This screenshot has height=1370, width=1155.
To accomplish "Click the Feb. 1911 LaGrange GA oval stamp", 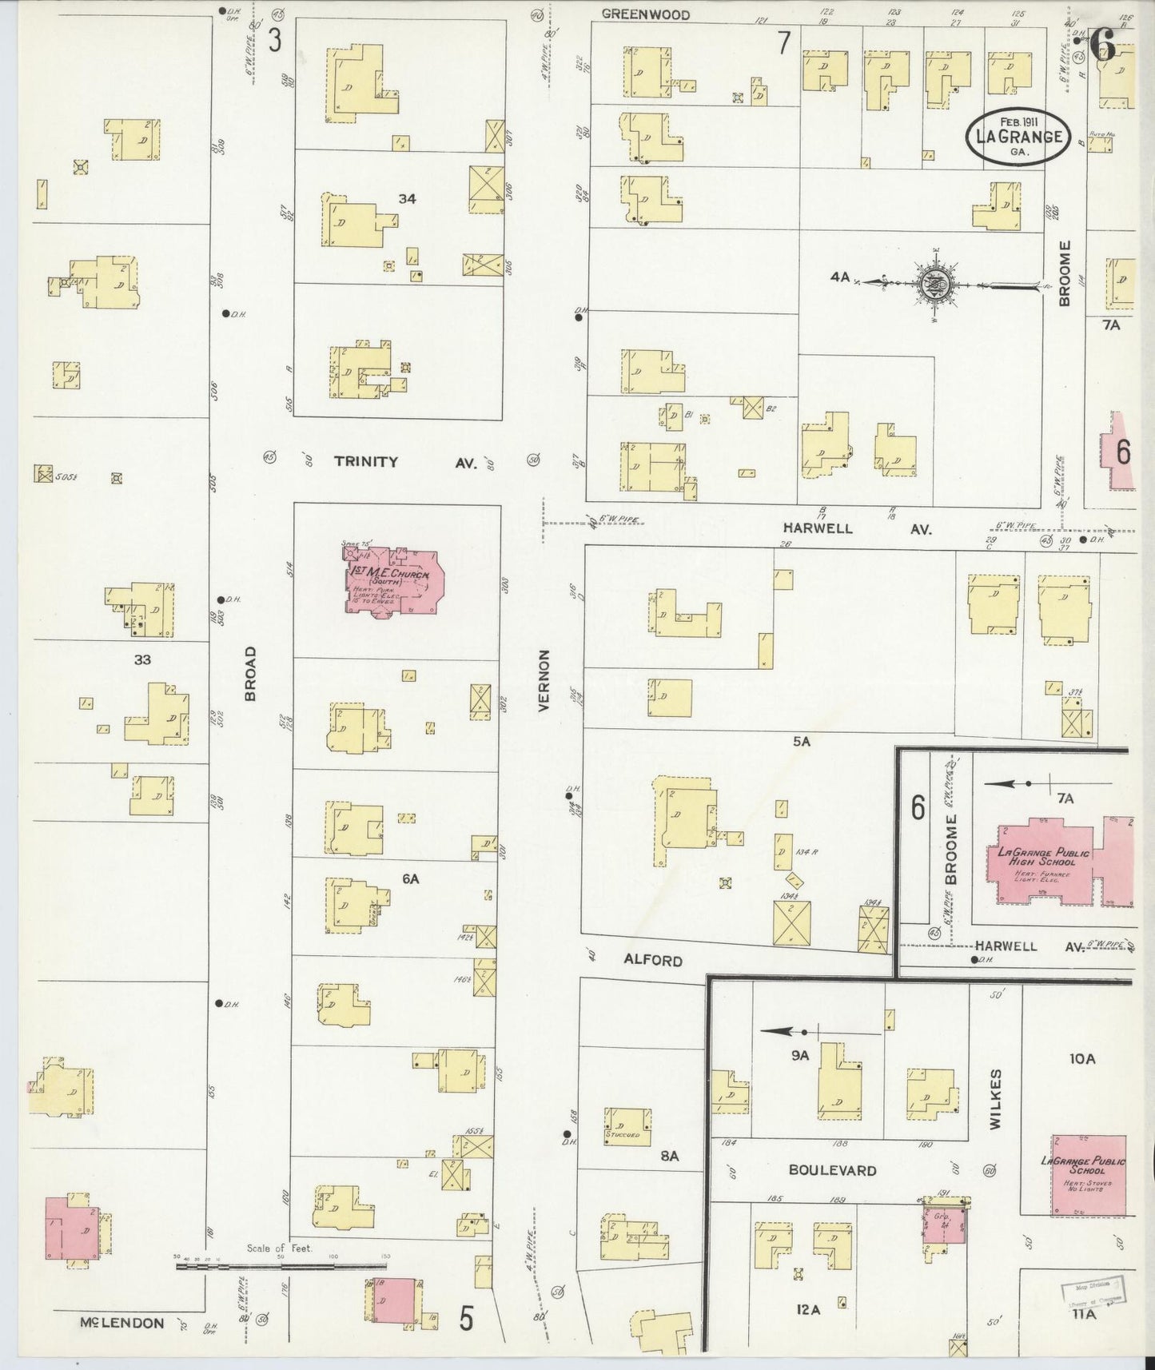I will pyautogui.click(x=1017, y=136).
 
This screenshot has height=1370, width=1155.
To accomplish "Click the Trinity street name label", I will pyautogui.click(x=365, y=462).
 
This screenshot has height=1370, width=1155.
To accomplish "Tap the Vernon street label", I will pyautogui.click(x=544, y=680).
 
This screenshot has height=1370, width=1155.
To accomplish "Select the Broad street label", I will pyautogui.click(x=250, y=675).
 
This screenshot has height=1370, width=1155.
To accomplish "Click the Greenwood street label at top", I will pyautogui.click(x=645, y=14).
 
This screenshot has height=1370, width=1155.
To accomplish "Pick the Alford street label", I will pyautogui.click(x=654, y=960).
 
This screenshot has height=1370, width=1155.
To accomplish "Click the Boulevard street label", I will pyautogui.click(x=832, y=1170).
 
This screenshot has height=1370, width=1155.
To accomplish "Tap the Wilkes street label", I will pyautogui.click(x=994, y=1099).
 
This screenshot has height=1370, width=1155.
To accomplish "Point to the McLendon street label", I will pyautogui.click(x=121, y=1323).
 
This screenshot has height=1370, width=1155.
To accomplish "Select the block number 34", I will pyautogui.click(x=407, y=199).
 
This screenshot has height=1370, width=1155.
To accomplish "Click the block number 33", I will pyautogui.click(x=142, y=660).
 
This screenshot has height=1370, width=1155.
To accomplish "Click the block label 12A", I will pyautogui.click(x=808, y=1309).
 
